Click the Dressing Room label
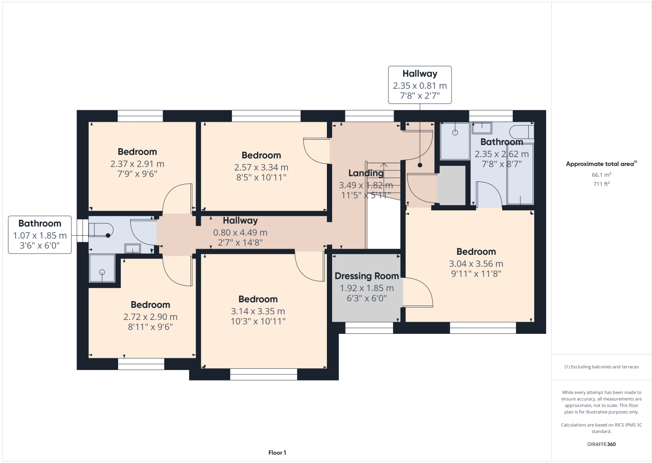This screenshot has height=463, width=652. [x=367, y=276]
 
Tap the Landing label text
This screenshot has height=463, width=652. [x=366, y=173]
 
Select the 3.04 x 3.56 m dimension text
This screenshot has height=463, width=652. [x=476, y=264]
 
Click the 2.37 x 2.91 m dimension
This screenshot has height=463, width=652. [x=137, y=164]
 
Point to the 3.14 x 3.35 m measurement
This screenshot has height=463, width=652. [x=258, y=311]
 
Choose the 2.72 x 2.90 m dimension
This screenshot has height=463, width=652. [x=150, y=317]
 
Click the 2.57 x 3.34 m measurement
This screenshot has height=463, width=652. [x=261, y=168]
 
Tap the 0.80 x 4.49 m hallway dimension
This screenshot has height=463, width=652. [x=240, y=233]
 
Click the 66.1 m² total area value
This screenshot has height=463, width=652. [x=601, y=175]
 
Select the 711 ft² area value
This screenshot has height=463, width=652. [x=601, y=184]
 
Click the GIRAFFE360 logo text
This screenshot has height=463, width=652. [x=601, y=444]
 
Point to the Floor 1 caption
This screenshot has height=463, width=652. [x=277, y=453]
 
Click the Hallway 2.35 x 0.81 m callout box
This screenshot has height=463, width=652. [x=420, y=85]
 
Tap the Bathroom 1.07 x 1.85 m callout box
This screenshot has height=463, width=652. [x=40, y=234]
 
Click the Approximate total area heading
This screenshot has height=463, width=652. [x=601, y=164]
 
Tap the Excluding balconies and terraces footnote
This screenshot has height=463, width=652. [x=601, y=367]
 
